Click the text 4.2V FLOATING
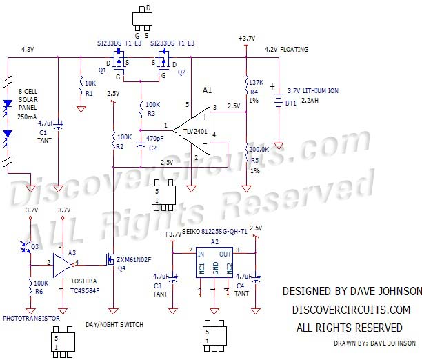pos(286,50)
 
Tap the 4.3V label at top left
pos(28,50)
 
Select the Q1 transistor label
pos(103,70)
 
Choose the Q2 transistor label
pos(181,70)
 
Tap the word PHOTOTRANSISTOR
pos(32,319)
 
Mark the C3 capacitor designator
pos(157,284)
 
